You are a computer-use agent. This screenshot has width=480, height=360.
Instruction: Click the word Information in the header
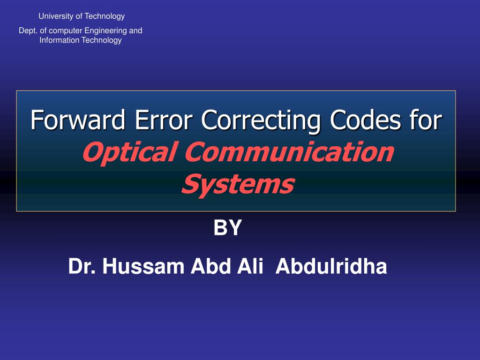click(x=60, y=40)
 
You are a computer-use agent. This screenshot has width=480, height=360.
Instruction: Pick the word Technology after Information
click(x=101, y=40)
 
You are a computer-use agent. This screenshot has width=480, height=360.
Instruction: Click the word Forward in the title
click(x=78, y=120)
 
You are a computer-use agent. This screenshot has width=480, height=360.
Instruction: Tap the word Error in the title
click(x=164, y=120)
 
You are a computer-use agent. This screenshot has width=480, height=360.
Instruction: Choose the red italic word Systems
click(x=238, y=184)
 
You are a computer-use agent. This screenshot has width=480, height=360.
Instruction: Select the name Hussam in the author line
click(x=143, y=267)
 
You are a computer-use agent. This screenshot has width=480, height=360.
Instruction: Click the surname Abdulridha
click(x=331, y=267)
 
